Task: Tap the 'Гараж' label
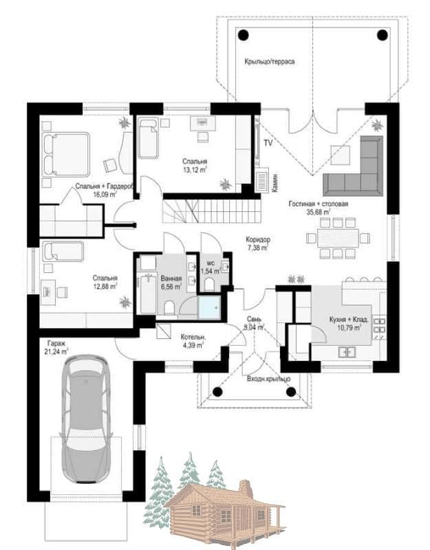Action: point(56,343)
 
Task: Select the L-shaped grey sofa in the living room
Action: point(354,166)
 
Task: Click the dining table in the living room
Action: point(338,238)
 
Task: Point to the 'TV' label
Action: point(268,143)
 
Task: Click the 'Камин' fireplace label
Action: point(275,182)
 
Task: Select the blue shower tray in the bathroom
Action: point(210,307)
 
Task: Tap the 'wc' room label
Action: point(211,263)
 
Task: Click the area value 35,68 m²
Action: point(319,212)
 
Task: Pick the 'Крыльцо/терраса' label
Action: point(270,62)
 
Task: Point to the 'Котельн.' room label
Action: point(193,337)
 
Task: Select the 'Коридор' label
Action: point(258,240)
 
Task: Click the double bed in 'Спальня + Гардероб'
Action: point(65,154)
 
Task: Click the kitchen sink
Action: point(347,351)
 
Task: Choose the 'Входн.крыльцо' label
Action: point(268,379)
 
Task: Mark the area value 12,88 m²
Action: point(105,286)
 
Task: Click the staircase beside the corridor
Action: point(212,210)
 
